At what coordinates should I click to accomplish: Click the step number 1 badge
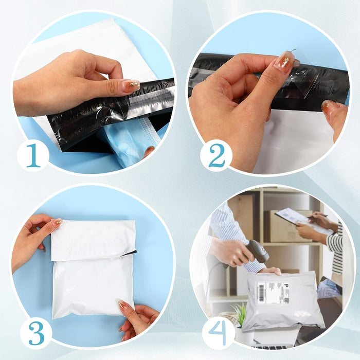(x=33, y=155)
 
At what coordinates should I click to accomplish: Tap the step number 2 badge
(x=216, y=155)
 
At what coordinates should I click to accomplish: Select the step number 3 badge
(x=36, y=333)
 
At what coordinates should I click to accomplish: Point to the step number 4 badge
(x=218, y=333)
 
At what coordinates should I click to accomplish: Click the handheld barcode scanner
(x=256, y=251)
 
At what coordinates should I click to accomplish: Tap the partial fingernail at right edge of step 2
(x=329, y=107)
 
